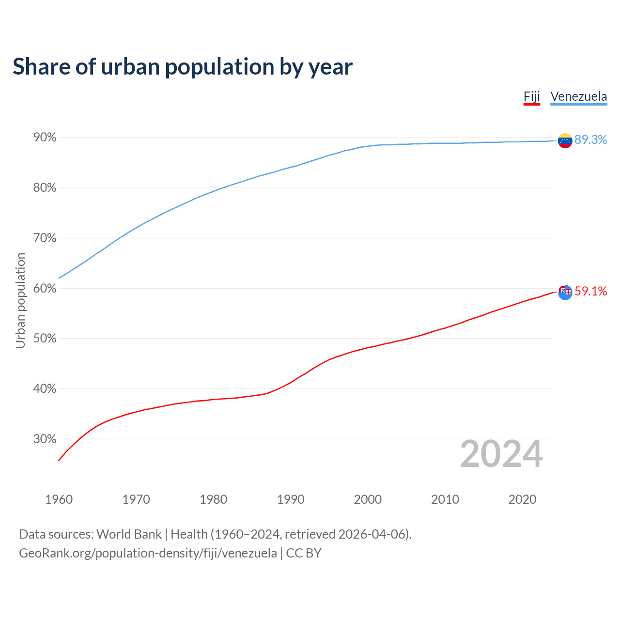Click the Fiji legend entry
pos(531,96)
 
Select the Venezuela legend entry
pos(578,96)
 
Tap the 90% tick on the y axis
pos(45,138)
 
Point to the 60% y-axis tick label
pos(45,289)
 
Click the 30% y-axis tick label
pos(45,439)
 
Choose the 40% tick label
pos(45,389)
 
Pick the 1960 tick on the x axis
pos(59,499)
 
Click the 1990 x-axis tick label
pos(291,499)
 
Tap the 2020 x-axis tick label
pos(522,499)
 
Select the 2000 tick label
pos(368,499)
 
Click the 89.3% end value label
pos(590,140)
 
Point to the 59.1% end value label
pos(590,291)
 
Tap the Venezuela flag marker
pos(565,140)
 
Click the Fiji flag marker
pos(565,292)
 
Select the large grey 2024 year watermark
pos(501,454)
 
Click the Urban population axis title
pos(20,300)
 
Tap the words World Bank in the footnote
pos(129,534)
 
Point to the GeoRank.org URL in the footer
pos(148,553)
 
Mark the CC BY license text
pos(304,553)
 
